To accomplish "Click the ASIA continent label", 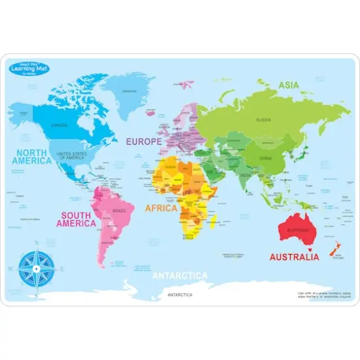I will [x=289, y=85].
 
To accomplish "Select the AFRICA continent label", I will [x=162, y=208].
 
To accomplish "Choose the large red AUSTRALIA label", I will [x=294, y=257].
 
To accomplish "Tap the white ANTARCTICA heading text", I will [x=180, y=276].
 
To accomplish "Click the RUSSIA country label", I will [x=264, y=120].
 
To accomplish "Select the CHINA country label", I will [x=264, y=157].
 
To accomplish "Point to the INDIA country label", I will [x=245, y=175].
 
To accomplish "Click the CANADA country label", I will [x=60, y=125].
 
